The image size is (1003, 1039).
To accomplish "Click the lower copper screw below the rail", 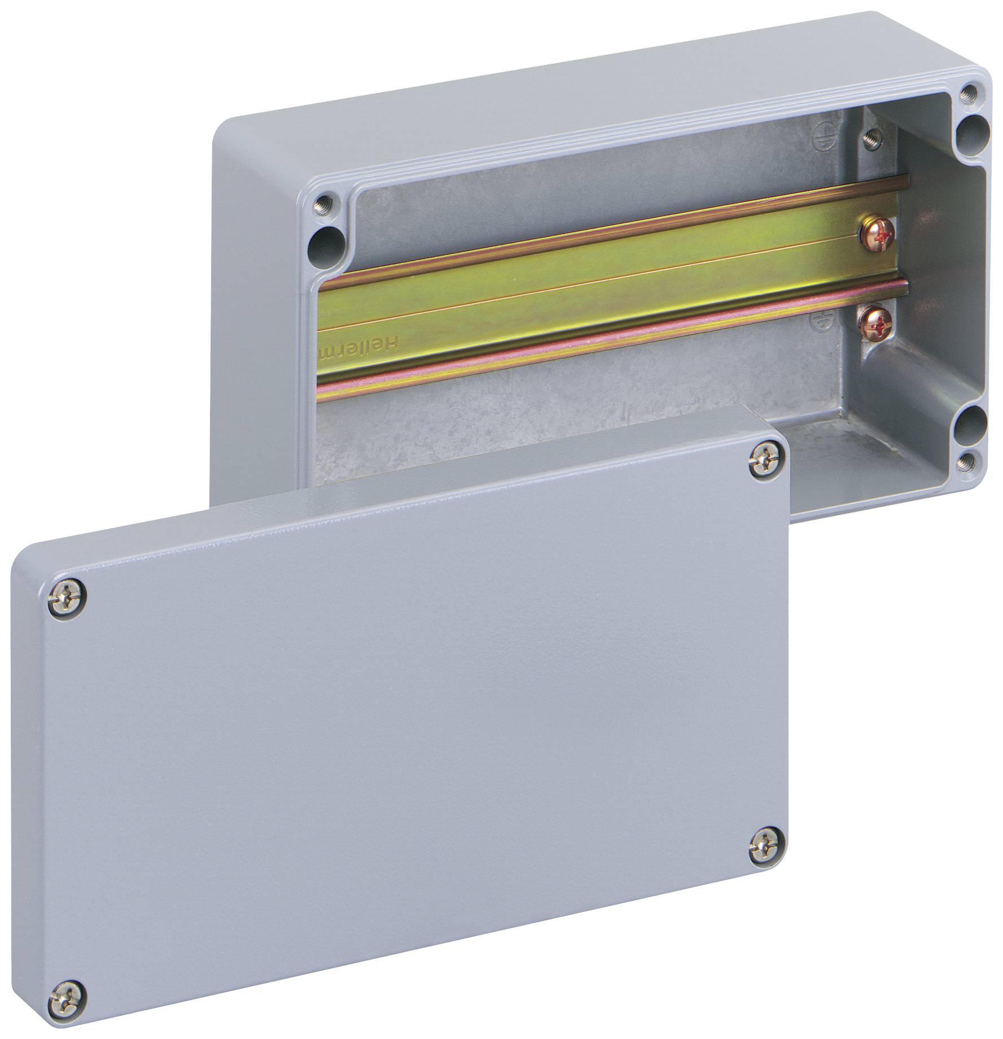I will coord(873,325).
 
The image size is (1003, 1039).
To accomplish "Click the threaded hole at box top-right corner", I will coord(970,91).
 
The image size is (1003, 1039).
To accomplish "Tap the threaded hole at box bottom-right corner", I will coord(969,461).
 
